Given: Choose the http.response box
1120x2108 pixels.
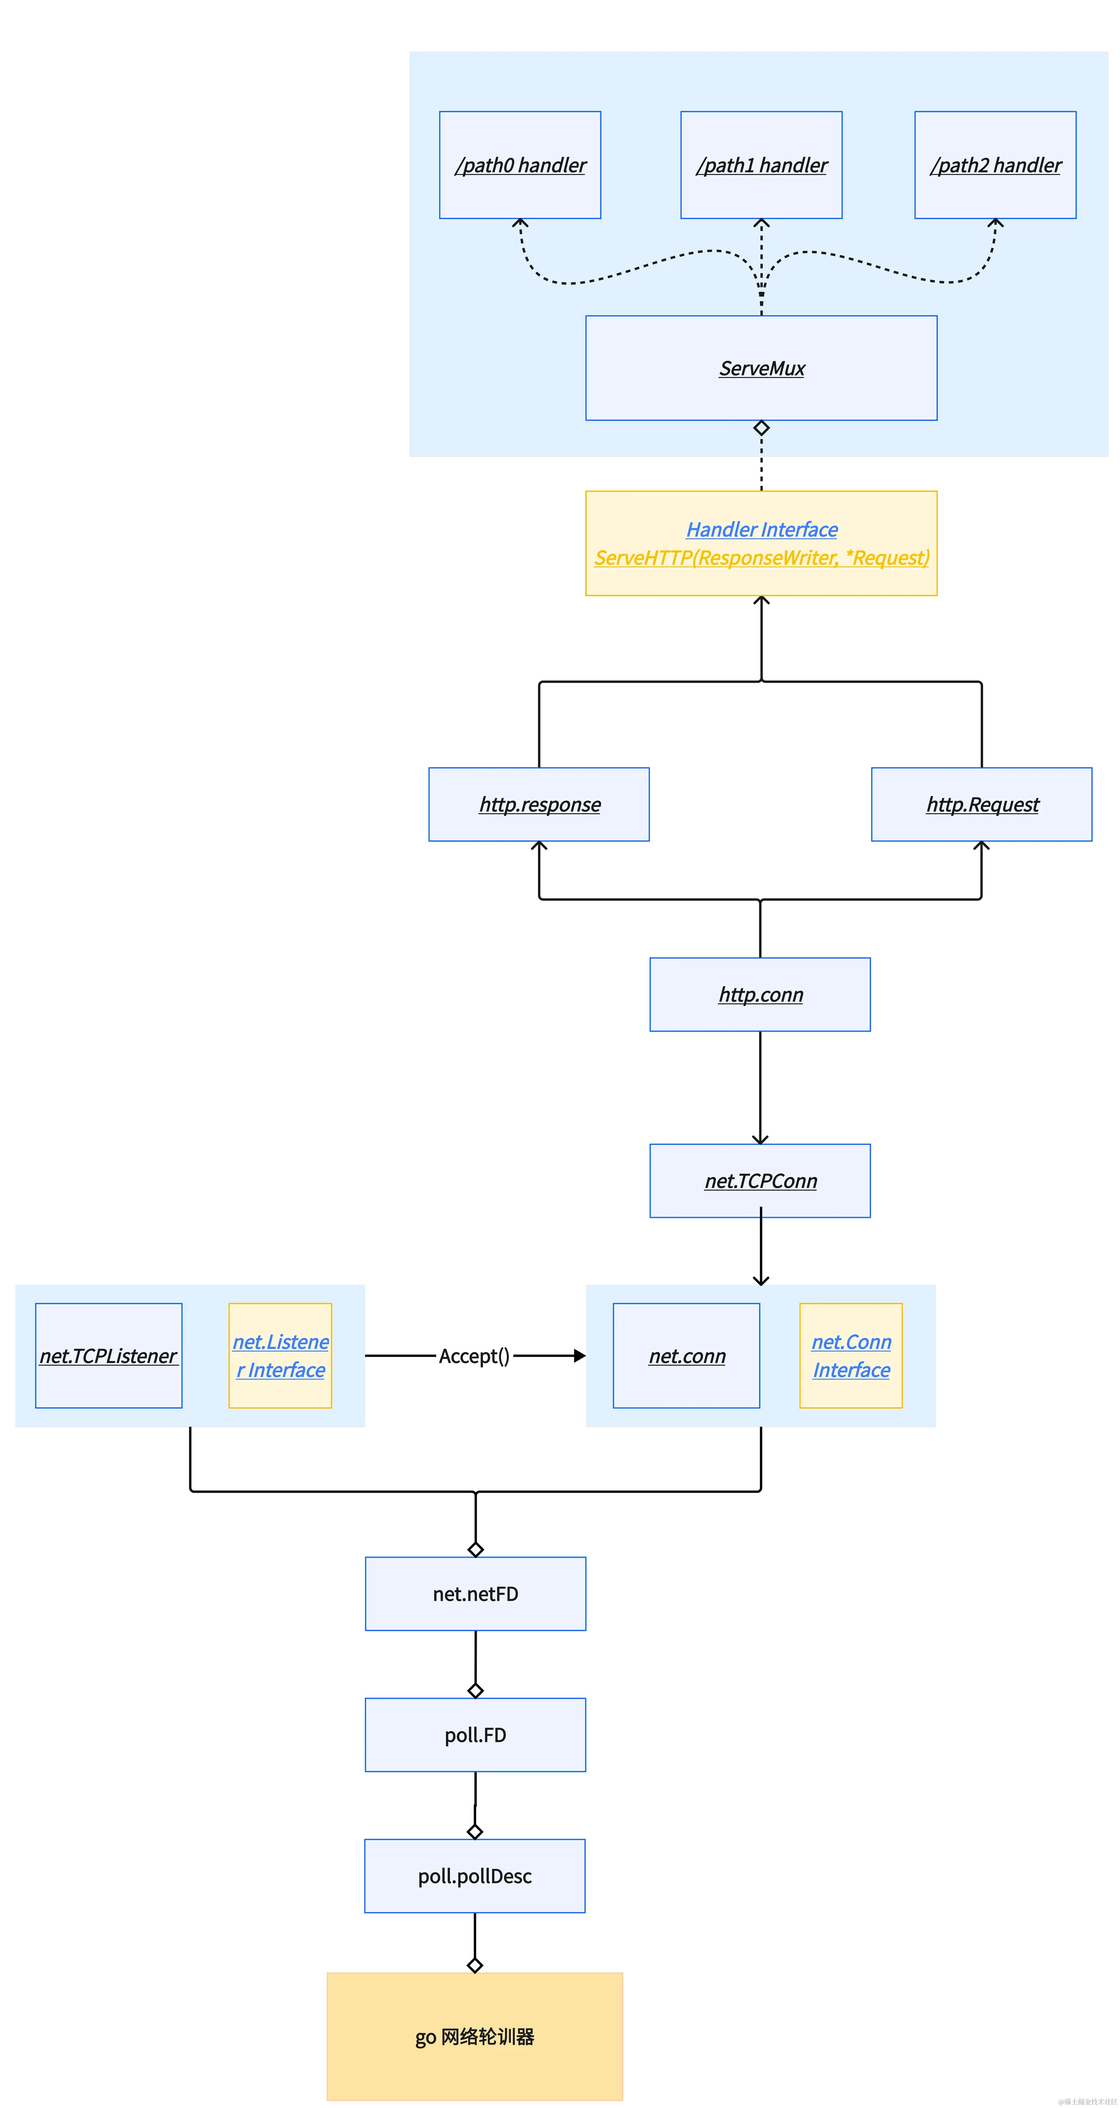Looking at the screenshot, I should point(539,805).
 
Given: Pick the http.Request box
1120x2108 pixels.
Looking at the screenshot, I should point(982,805).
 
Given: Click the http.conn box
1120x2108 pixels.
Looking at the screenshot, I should point(760,994).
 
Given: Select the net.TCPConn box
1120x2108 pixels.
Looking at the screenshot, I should point(760,1181).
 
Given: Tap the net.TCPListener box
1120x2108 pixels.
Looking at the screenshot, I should point(109,1356).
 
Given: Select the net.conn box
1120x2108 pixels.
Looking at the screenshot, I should point(686,1356).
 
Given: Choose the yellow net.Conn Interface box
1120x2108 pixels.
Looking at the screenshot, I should point(851,1356).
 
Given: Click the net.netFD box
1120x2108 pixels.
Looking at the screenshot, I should point(475,1594).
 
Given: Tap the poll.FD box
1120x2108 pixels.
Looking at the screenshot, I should point(475,1735).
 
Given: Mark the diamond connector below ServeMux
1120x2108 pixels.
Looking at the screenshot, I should point(761,428).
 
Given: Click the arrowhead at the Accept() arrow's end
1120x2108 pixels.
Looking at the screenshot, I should point(580,1356).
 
